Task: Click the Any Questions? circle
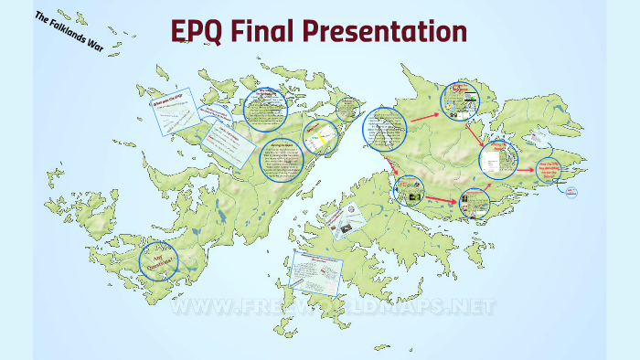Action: [x=158, y=262]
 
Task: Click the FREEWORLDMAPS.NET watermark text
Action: [x=334, y=306]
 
